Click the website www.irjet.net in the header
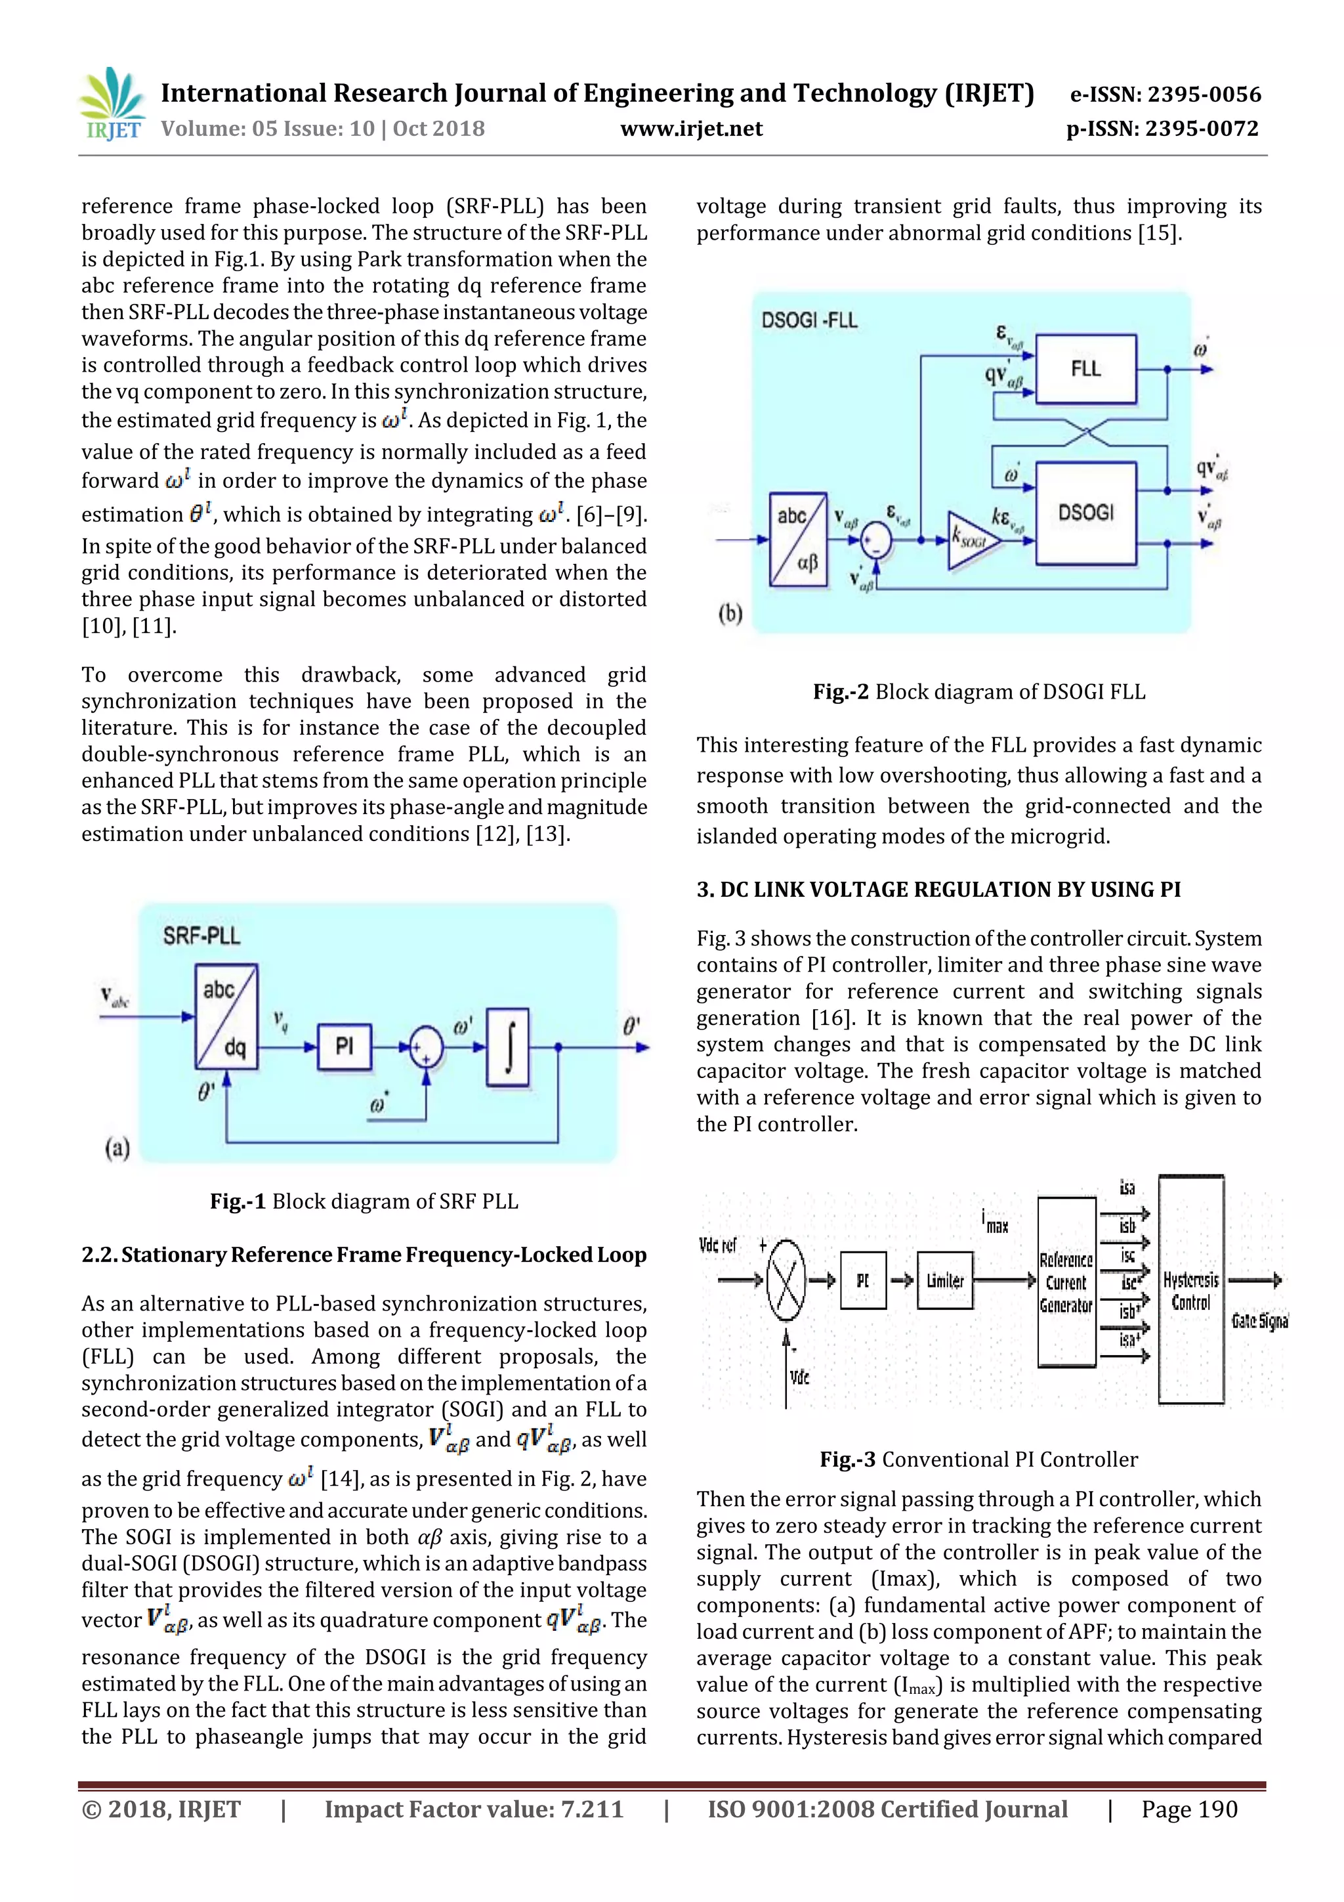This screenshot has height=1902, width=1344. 692,129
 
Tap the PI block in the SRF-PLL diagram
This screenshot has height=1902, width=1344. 344,1047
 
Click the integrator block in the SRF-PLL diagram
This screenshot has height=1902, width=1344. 508,1047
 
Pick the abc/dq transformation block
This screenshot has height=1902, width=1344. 226,1016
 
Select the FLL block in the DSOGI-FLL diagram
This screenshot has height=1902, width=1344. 1085,368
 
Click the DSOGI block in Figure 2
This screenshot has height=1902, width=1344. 1085,513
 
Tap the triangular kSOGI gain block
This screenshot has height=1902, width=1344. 971,541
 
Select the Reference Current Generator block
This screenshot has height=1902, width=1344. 1066,1282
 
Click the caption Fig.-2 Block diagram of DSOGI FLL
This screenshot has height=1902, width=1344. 979,692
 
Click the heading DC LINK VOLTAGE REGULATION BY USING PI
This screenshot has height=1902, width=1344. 938,890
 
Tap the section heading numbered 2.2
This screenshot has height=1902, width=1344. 364,1255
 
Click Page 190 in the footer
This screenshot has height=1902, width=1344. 1188,1809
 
